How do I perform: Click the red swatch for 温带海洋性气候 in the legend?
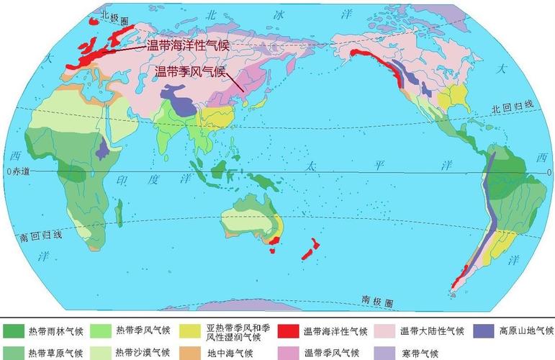pos(289,331)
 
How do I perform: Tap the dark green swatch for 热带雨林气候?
pos(13,331)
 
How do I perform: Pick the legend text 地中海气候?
pos(231,353)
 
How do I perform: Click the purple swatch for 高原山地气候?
pos(484,331)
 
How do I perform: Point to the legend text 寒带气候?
pos(420,353)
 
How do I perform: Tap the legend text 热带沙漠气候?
pos(143,353)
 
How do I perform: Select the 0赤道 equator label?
pos(19,171)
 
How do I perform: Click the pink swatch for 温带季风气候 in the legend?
pos(289,353)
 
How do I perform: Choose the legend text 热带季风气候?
pos(143,331)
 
